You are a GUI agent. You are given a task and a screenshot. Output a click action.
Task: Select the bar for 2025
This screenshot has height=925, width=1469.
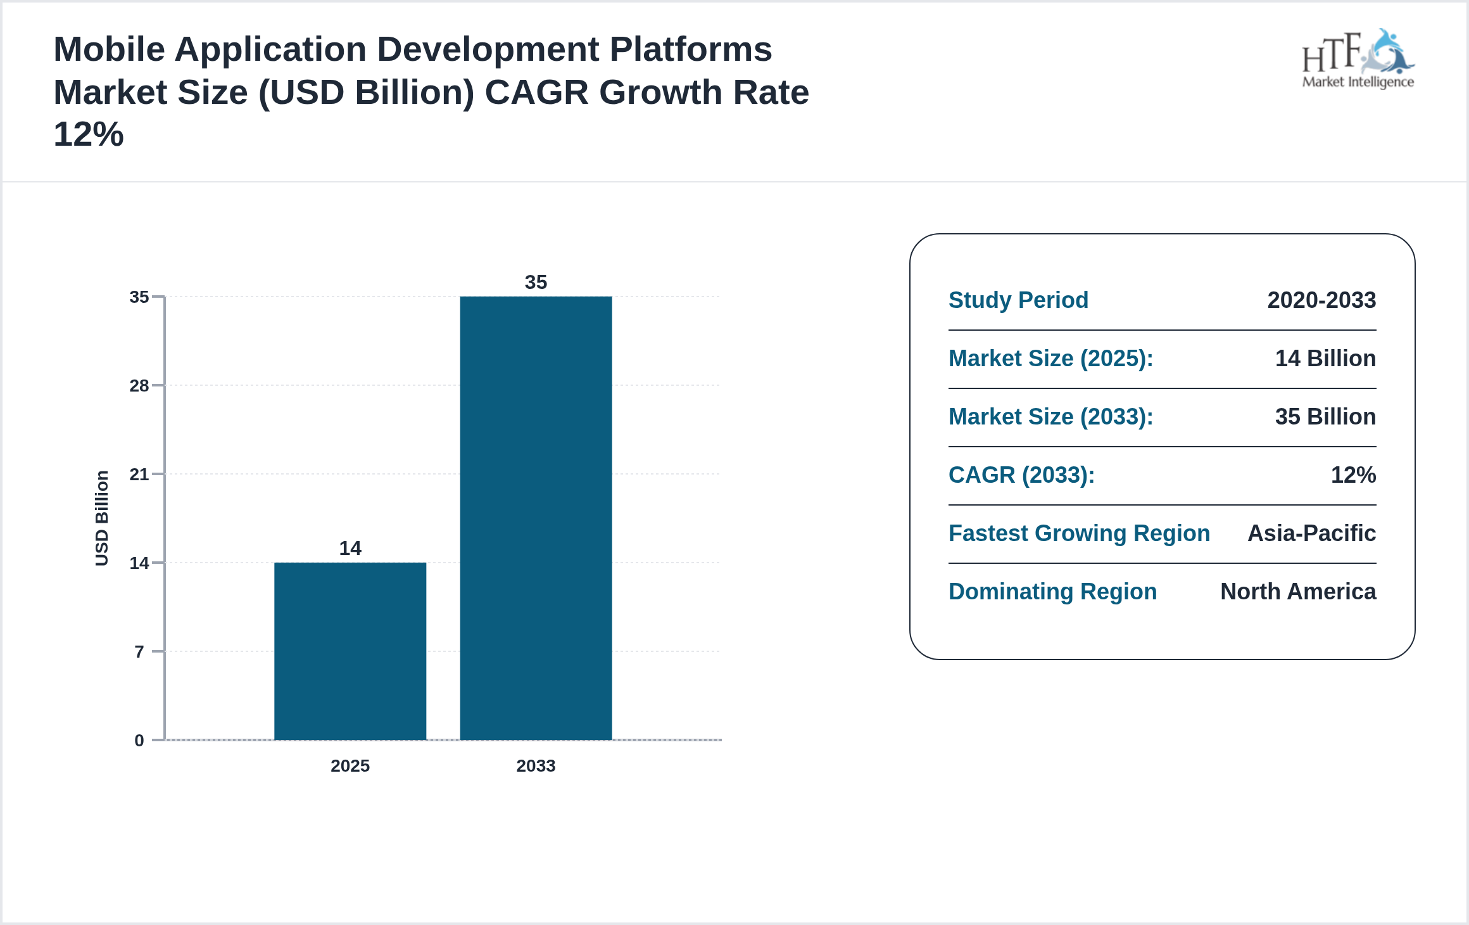350,651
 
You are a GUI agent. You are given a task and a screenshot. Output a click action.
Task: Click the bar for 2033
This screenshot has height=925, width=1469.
536,518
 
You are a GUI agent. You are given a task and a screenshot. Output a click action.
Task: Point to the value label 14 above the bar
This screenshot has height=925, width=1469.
350,548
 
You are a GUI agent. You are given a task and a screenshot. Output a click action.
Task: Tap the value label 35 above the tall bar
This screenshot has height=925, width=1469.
536,282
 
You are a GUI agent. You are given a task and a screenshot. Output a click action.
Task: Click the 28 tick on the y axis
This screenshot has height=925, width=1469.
139,385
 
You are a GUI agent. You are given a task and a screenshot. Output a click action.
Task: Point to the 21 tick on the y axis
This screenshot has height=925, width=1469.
139,474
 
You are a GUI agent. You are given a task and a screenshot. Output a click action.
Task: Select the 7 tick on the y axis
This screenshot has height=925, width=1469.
139,651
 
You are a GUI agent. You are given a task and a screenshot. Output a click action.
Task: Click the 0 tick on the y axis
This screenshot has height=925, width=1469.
139,740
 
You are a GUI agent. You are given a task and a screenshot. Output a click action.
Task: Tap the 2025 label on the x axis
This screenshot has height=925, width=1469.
350,765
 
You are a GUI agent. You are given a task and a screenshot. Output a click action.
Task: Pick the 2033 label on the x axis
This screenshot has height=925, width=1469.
536,765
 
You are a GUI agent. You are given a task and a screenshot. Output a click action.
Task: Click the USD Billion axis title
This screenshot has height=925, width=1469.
102,518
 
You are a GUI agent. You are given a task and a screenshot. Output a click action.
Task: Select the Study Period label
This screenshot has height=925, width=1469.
1018,300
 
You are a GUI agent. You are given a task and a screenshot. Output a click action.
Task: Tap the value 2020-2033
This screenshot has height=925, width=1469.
1321,300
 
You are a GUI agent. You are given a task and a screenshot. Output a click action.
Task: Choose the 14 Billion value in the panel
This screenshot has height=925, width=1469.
1325,358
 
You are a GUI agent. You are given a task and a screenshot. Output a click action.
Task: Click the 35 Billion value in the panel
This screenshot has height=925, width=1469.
1325,416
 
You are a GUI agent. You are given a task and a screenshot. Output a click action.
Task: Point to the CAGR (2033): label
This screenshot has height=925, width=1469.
1021,475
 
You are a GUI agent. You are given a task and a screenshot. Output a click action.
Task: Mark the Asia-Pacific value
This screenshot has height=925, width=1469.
1311,533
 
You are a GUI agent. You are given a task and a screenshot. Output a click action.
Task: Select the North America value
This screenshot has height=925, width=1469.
1298,591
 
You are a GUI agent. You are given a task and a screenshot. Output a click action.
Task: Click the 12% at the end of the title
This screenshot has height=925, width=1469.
89,134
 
